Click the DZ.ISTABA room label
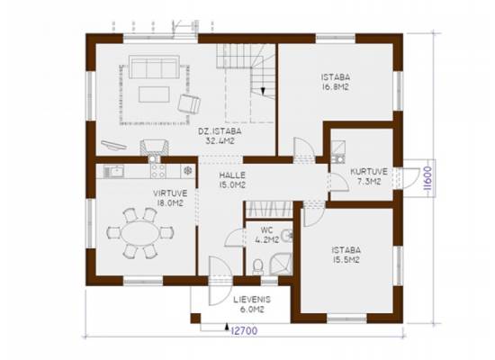(x=220, y=130)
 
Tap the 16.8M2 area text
(x=336, y=87)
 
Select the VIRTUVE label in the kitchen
(x=170, y=193)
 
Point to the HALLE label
(x=232, y=175)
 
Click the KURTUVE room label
(x=369, y=172)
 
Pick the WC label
(x=266, y=229)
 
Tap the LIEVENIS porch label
(x=252, y=300)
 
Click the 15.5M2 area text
(x=346, y=260)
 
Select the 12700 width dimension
(x=244, y=330)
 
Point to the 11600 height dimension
(x=427, y=178)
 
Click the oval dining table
(x=140, y=233)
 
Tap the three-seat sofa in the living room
(x=155, y=67)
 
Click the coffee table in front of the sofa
(x=154, y=94)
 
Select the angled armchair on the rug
(x=189, y=103)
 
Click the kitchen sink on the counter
(x=114, y=171)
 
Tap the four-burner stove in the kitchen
(x=158, y=171)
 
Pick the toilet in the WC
(x=258, y=267)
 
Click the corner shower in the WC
(x=280, y=264)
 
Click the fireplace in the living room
(x=155, y=148)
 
